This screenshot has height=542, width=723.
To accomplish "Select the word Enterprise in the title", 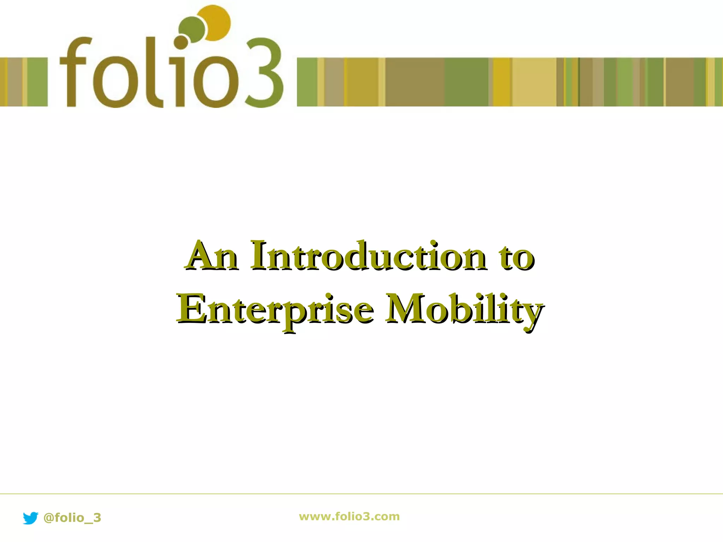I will point(275,309).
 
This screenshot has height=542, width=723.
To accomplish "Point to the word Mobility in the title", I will point(464,309).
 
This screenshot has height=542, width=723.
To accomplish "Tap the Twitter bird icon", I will point(30,518).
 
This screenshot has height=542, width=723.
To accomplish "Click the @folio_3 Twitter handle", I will point(72,518).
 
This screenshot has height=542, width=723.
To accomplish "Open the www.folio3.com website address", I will point(349,517).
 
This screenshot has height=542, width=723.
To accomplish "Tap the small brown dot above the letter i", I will point(181,42).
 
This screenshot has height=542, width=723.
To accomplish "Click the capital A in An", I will point(201,255).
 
